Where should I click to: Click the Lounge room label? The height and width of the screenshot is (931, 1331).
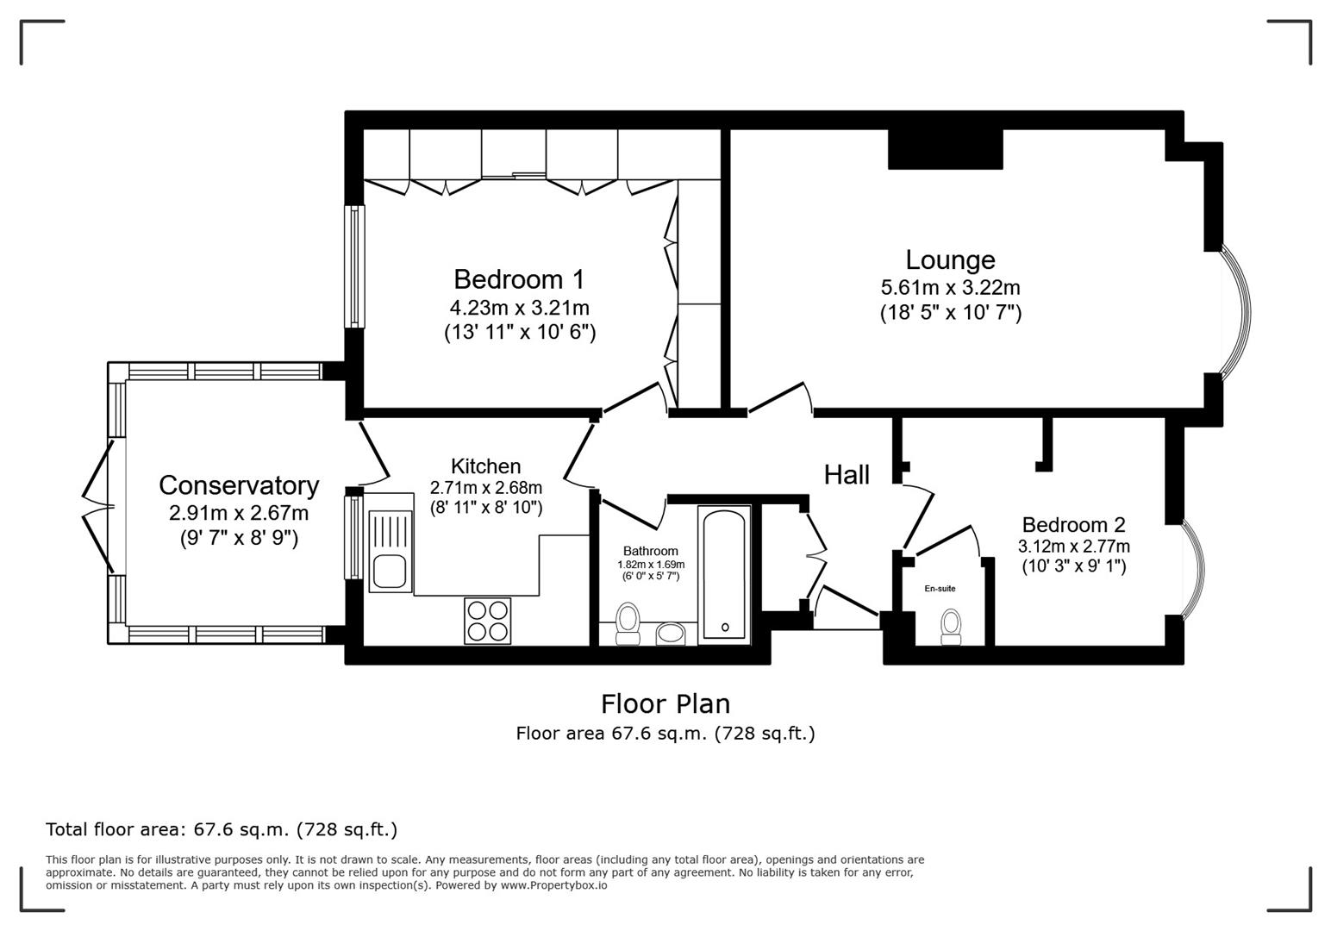tap(950, 260)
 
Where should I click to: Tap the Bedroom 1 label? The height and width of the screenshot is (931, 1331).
tap(519, 279)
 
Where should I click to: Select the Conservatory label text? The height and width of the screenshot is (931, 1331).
tap(239, 486)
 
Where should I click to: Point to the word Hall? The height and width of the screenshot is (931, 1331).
tap(847, 475)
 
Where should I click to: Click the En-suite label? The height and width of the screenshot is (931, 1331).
tap(940, 588)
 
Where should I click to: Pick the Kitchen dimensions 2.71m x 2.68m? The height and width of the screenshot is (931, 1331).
tap(486, 488)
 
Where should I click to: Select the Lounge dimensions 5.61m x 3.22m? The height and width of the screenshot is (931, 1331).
tap(950, 288)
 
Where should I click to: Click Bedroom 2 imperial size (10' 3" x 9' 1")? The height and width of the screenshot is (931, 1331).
tap(1074, 565)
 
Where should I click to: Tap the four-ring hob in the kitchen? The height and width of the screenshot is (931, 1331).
tap(487, 621)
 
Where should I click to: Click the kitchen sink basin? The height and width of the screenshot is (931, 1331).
tap(390, 572)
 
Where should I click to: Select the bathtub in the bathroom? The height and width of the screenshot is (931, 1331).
tap(724, 572)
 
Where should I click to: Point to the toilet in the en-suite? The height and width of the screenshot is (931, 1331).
tap(952, 626)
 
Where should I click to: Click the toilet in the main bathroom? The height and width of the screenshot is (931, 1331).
tap(628, 624)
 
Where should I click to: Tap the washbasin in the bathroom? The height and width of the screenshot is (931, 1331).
tap(671, 634)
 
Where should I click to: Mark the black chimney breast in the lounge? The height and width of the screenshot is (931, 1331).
tap(946, 149)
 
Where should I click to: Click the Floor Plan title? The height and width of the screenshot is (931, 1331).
tap(665, 704)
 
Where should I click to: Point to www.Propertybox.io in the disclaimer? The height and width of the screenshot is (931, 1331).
tap(553, 886)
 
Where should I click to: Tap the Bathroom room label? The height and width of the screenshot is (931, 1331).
tap(651, 552)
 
